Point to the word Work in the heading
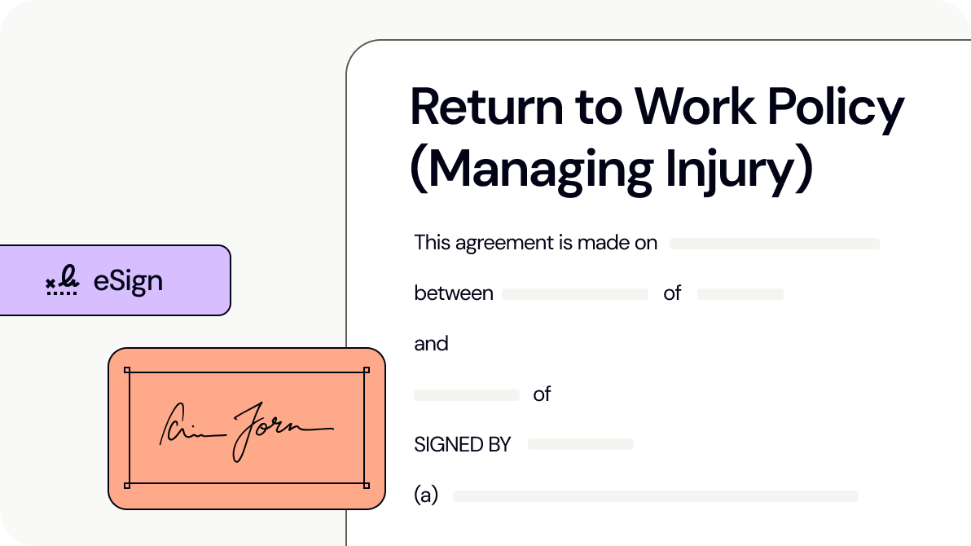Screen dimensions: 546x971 [x=684, y=107]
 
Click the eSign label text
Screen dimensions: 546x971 [x=128, y=281]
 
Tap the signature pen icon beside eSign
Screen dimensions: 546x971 [x=62, y=281]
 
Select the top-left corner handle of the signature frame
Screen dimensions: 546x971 [x=127, y=371]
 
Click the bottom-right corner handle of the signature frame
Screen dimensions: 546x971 [x=367, y=485]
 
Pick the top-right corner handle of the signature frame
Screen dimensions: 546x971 [x=367, y=371]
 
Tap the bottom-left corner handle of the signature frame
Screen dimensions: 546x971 [x=127, y=485]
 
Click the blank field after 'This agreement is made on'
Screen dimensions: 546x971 [x=774, y=243]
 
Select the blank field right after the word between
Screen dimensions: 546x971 [x=574, y=294]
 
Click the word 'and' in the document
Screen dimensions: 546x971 [x=431, y=344]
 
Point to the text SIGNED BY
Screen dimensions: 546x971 [x=462, y=445]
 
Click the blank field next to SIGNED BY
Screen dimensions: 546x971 [x=580, y=444]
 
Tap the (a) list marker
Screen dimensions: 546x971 [x=425, y=495]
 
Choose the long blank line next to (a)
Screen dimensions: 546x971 [x=655, y=495]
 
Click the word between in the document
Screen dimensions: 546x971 [x=454, y=293]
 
